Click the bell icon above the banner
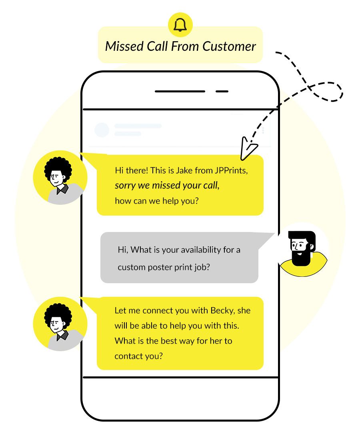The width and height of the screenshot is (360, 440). click(x=180, y=25)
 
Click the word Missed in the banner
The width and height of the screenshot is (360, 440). click(x=122, y=46)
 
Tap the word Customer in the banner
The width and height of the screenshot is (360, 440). click(x=229, y=46)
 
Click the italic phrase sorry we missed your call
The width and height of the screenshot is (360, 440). click(x=167, y=185)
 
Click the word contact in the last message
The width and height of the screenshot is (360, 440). click(x=128, y=356)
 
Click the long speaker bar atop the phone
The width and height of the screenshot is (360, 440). click(x=180, y=91)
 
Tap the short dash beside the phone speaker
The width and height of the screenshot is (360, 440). click(x=222, y=91)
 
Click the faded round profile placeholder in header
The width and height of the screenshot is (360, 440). click(x=102, y=130)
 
